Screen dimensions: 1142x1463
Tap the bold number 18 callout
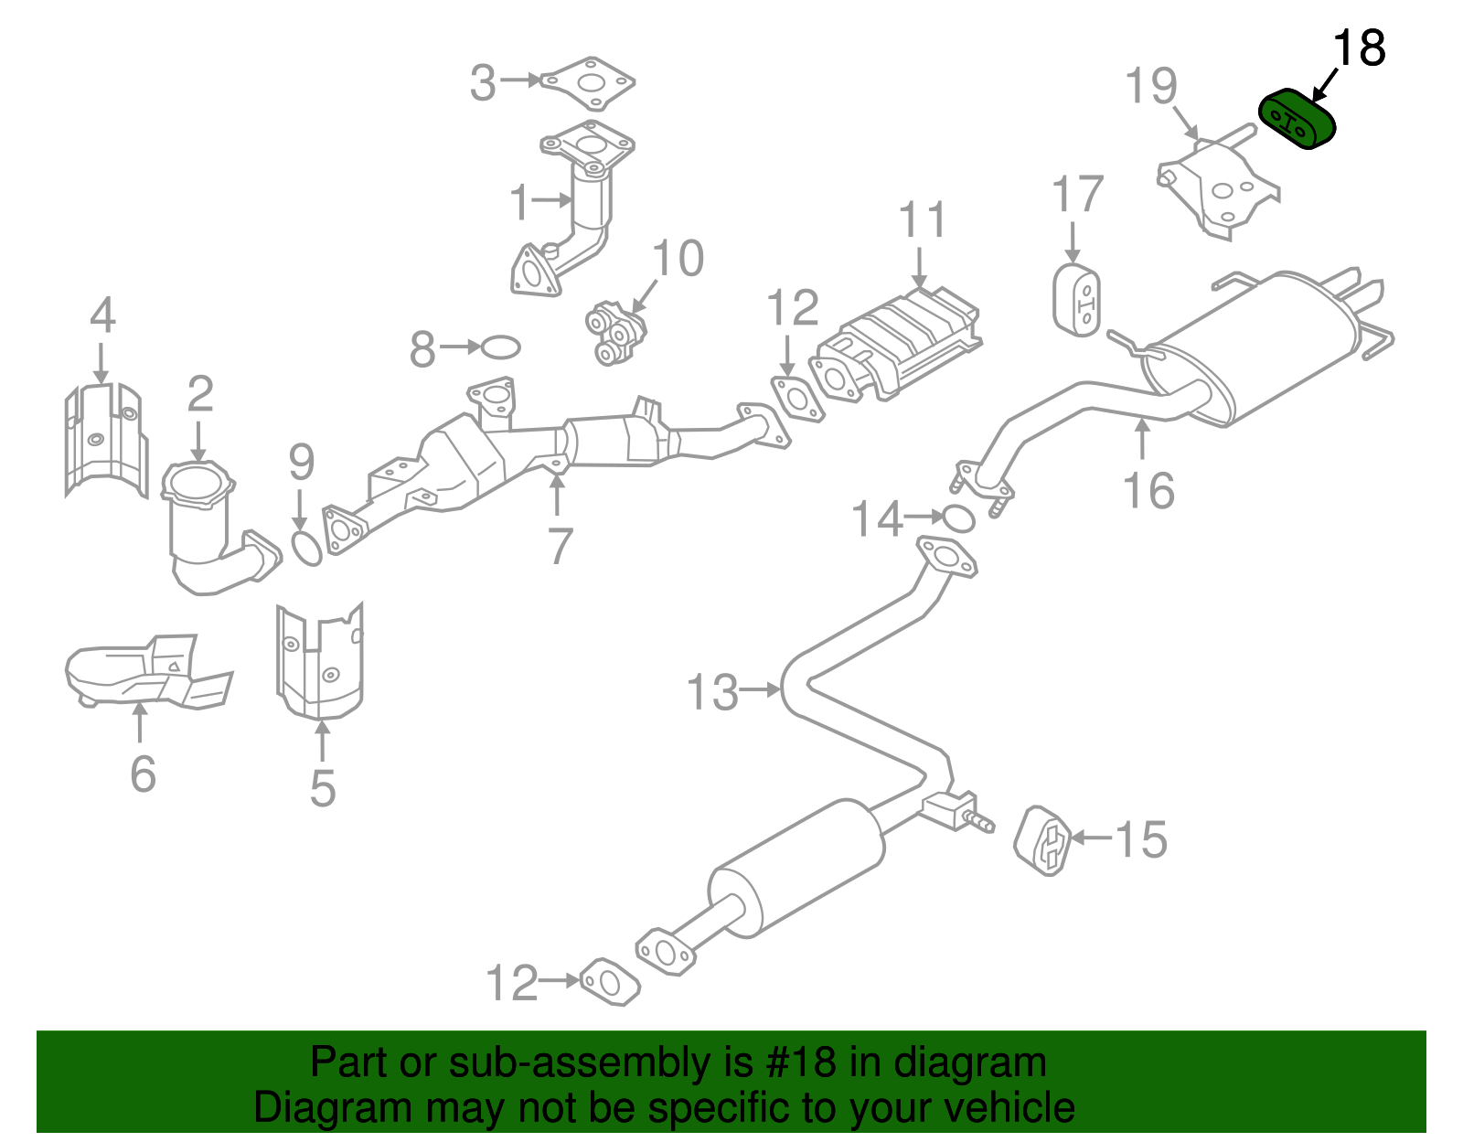(1359, 48)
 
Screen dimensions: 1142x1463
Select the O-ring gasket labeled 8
(500, 347)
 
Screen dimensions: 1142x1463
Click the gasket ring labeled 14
(957, 518)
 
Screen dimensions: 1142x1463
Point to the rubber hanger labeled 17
(1076, 300)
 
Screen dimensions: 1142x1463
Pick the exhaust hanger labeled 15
(1043, 840)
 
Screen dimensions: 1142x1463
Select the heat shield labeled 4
(106, 440)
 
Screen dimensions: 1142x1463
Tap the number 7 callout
(560, 546)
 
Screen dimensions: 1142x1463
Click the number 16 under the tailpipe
(1148, 491)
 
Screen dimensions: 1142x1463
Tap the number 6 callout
(143, 774)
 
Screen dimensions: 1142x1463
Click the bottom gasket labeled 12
(610, 981)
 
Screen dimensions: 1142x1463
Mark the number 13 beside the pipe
(711, 692)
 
